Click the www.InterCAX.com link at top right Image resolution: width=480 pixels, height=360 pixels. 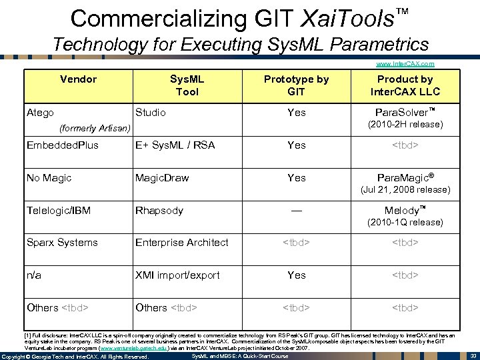[x=405, y=64]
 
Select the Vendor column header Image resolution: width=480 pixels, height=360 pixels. [x=78, y=79]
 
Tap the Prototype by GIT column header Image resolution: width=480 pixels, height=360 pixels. [x=296, y=85]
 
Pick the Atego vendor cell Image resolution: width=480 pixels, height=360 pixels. [x=40, y=113]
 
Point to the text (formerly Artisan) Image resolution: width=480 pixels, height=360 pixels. [x=94, y=127]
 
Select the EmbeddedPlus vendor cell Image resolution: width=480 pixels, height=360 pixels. [x=62, y=145]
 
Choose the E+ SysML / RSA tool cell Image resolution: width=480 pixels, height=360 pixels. [x=175, y=145]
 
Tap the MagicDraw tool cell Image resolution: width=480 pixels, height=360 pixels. [x=162, y=178]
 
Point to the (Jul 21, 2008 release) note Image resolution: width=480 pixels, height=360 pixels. [x=405, y=190]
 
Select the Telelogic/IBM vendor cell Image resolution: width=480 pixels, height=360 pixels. [x=58, y=211]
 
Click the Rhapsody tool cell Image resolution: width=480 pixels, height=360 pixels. [x=159, y=211]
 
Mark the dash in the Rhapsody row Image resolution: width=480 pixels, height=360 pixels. [x=297, y=211]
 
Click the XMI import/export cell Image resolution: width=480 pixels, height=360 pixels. [x=177, y=275]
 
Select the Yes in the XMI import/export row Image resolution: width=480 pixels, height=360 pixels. [x=297, y=275]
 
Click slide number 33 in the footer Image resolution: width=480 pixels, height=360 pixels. [x=472, y=356]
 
